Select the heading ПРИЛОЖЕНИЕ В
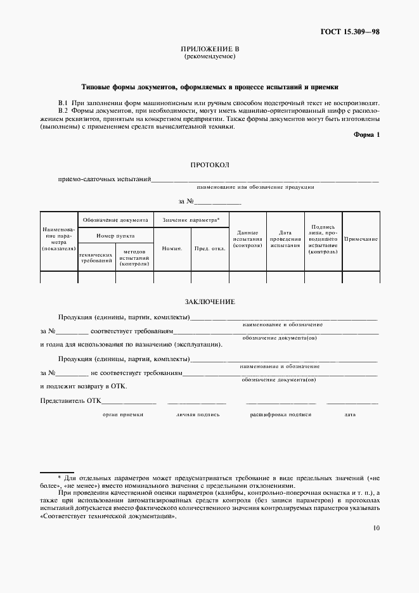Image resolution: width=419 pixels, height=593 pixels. pos(209,49)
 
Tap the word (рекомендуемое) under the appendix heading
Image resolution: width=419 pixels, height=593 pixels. pos(209,56)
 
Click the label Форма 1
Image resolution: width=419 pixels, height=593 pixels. pos(366,135)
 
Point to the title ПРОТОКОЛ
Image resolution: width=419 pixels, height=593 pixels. pos(209,165)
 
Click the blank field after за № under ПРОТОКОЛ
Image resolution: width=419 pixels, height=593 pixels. pos(217,201)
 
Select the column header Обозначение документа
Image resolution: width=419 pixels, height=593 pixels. pos(115,219)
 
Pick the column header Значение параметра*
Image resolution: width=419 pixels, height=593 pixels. pos(191,219)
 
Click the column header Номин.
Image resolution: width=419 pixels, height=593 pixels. pos(172,248)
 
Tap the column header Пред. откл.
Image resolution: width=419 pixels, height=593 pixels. pos(210,248)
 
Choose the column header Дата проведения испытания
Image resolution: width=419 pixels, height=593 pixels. pos(285,239)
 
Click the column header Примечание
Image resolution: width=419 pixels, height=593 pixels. pos(361,239)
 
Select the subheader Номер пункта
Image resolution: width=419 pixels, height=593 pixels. pos(115,235)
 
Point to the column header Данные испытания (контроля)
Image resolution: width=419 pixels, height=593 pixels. pos(247,239)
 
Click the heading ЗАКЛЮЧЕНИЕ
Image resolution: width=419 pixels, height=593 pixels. pos(209,302)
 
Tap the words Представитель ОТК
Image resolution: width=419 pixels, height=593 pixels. pos(70,400)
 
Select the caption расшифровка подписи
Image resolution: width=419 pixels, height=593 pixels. pos(280,414)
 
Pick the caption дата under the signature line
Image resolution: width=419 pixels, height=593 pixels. pos(350,414)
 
